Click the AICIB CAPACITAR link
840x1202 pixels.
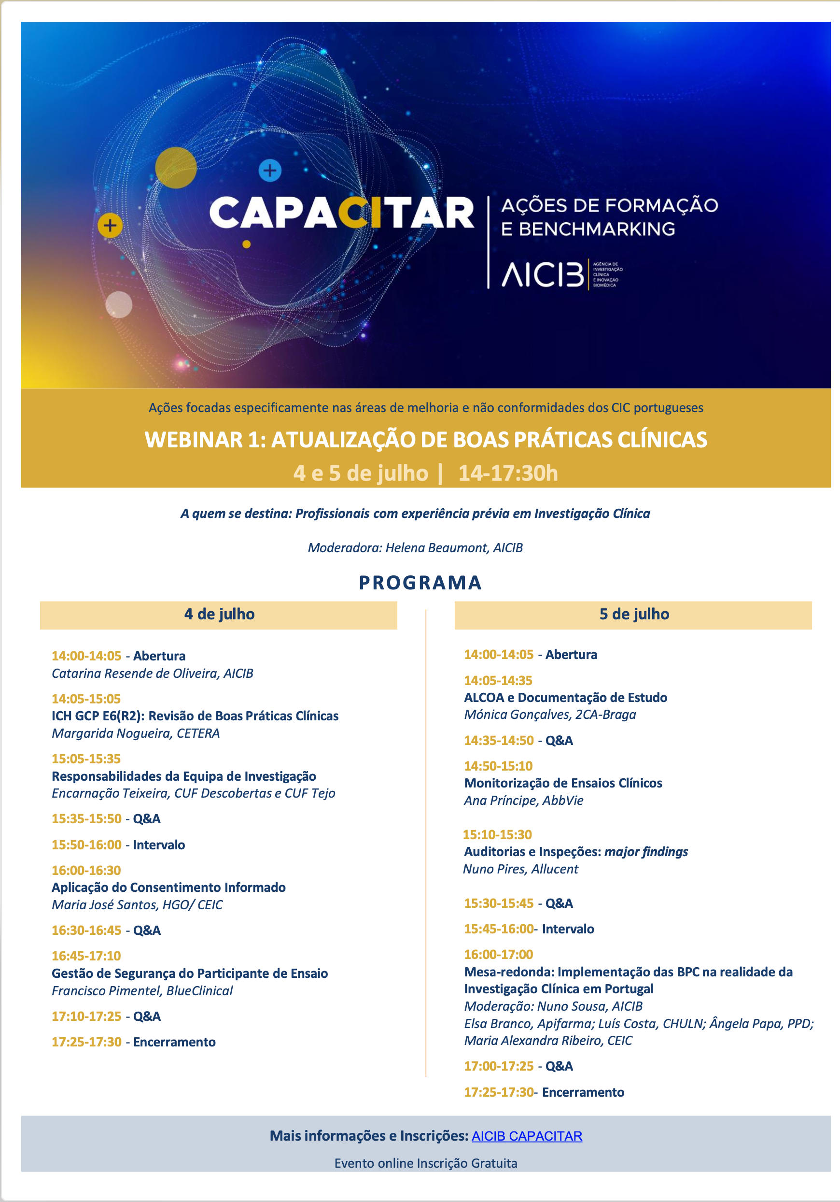(527, 1135)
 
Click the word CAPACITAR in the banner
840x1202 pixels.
(341, 214)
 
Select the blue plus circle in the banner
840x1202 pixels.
(270, 170)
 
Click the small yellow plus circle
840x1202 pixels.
(110, 226)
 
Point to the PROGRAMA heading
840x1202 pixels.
(420, 583)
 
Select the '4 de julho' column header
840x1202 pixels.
(219, 614)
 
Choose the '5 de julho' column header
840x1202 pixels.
(633, 614)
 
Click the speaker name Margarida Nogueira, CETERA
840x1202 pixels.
(136, 733)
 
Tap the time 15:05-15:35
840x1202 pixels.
(86, 758)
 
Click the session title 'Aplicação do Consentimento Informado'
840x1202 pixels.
(168, 887)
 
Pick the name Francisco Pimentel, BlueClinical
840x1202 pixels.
(142, 990)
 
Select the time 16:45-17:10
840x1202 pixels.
(86, 956)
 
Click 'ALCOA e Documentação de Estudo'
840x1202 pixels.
(565, 697)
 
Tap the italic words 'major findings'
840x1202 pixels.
(646, 852)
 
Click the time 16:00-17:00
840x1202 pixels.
(499, 954)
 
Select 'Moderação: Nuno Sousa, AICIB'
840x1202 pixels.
(553, 1006)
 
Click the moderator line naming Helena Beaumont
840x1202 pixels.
(415, 547)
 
